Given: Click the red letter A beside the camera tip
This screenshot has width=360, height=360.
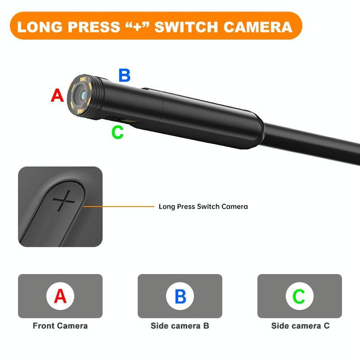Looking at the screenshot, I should (x=57, y=95).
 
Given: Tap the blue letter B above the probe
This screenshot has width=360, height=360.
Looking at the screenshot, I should (x=124, y=75).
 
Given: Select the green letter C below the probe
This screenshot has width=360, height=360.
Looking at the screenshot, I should (x=118, y=132).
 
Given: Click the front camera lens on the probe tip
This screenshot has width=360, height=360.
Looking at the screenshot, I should (x=81, y=94).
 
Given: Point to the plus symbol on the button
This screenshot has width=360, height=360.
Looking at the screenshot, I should (x=64, y=201).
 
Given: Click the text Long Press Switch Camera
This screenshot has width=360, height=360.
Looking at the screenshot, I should (x=203, y=207).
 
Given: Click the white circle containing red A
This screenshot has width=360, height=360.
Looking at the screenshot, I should (x=60, y=296).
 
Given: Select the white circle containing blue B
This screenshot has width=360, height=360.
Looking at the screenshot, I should (x=180, y=296).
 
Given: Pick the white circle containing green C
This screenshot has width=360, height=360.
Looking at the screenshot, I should (x=299, y=296).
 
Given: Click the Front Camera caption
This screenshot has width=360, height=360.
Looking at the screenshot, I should (x=60, y=326).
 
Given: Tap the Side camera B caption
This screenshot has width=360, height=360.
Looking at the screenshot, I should (x=180, y=326).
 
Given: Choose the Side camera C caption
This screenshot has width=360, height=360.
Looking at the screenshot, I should (x=300, y=326).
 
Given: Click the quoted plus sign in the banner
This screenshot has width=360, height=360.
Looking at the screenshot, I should (x=138, y=26).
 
